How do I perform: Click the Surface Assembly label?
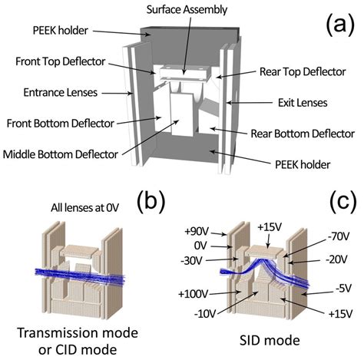[187, 10]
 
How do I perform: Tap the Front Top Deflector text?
[61, 61]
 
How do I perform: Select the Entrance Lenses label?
[61, 92]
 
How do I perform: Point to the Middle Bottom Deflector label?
[61, 154]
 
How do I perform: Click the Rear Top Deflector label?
[303, 71]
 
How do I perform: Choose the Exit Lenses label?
[303, 103]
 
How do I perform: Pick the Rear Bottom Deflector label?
[303, 134]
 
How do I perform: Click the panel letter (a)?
[340, 25]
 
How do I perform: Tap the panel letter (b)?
[151, 202]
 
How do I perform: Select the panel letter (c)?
[343, 202]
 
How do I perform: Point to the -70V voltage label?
[339, 236]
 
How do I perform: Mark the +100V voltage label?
[194, 294]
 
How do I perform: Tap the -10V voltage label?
[205, 314]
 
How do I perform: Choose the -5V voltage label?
[344, 289]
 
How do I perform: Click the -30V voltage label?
[191, 261]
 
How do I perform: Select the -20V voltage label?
[336, 260]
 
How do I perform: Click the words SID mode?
[270, 340]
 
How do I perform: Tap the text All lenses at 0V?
[85, 208]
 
